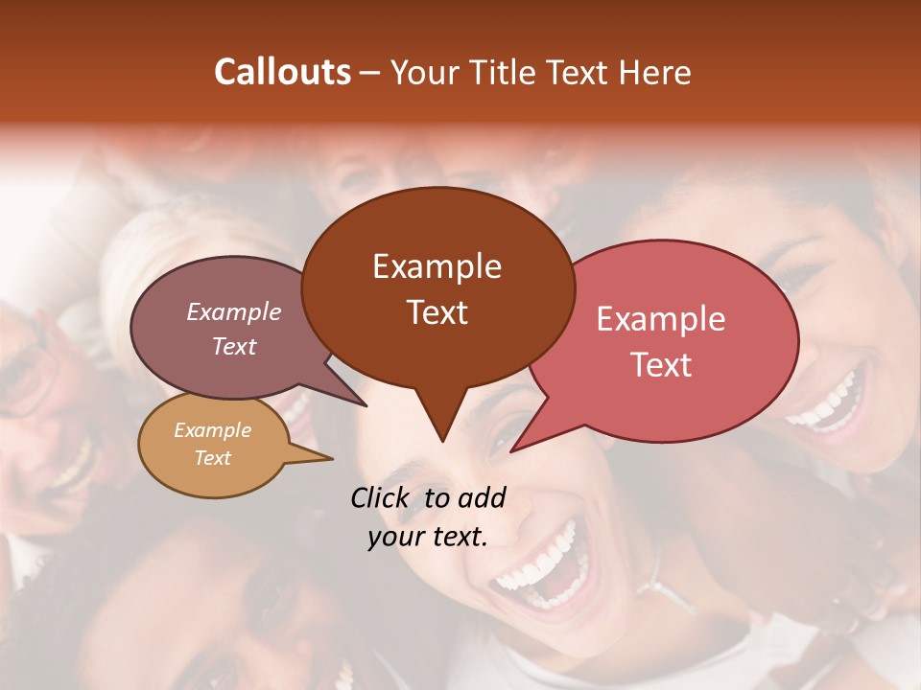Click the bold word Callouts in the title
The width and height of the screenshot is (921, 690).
pos(282,72)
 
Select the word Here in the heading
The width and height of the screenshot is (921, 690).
pos(655,72)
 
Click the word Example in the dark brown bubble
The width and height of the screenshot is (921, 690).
pos(437,266)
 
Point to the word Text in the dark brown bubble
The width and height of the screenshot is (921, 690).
pos(437,312)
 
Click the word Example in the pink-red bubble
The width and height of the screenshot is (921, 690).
pos(661,319)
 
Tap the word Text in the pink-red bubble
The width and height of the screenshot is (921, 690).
pos(661,364)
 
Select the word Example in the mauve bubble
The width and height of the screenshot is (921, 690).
pos(233,311)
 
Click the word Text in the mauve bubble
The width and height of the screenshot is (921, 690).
pos(233,346)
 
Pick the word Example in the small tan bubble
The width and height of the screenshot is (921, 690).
pos(212,430)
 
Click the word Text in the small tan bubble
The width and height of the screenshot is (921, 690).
pos(212,458)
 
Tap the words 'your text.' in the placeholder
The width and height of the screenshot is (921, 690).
pos(427,538)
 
